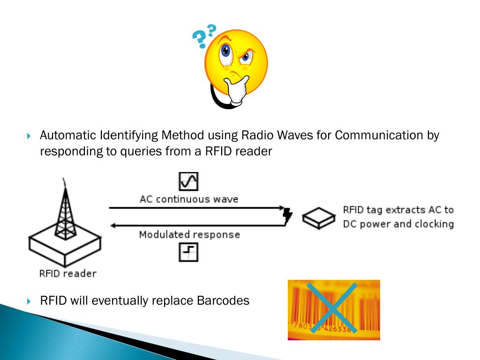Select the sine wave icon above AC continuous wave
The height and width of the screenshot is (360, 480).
188,181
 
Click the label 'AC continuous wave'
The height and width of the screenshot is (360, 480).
188,199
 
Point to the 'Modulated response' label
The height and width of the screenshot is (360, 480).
189,234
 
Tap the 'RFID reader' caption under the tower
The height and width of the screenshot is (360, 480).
68,273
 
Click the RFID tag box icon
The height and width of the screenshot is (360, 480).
318,218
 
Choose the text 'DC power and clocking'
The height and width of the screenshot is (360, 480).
398,224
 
